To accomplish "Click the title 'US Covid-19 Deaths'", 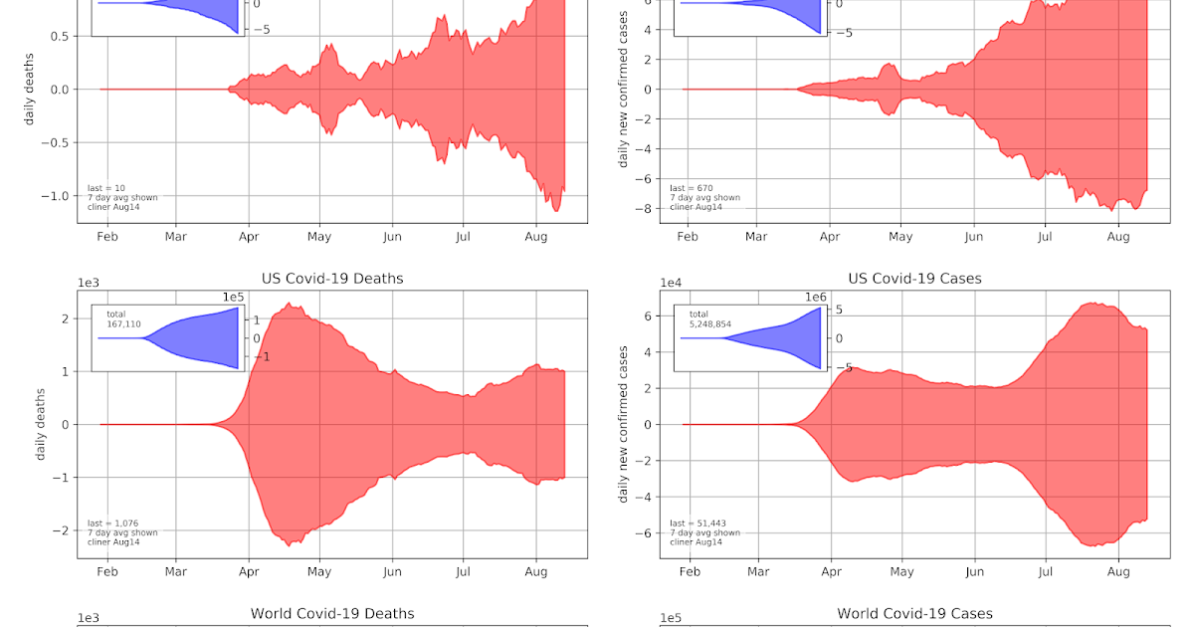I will (332, 279).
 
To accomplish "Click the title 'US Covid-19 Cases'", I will (914, 279).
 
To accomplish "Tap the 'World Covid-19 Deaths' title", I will (332, 613).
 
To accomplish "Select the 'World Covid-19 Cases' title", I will (914, 613).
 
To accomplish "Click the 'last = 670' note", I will (688, 188).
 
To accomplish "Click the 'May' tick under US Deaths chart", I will (319, 572).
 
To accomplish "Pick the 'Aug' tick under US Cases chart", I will (1118, 572).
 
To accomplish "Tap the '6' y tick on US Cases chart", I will (648, 316).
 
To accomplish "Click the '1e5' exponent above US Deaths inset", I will (232, 298).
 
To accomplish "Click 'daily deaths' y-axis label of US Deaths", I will (41, 424).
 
